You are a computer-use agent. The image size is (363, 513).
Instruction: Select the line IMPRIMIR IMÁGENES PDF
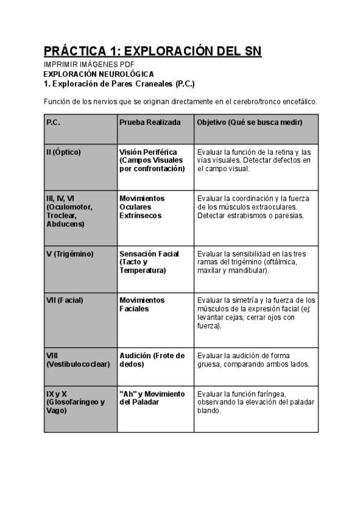[89, 64]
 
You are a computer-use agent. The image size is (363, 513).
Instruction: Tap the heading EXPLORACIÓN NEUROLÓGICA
[99, 74]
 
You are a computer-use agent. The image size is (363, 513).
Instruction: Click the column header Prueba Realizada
[150, 122]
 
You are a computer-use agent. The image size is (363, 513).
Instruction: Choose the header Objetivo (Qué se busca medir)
[250, 122]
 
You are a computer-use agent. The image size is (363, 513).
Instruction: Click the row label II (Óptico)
[64, 152]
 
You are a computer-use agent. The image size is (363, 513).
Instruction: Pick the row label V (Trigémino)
[70, 254]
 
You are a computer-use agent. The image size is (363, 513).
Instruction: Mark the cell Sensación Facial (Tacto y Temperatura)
[149, 262]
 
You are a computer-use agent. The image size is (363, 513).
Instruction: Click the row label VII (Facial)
[65, 300]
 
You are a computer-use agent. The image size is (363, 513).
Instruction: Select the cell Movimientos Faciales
[142, 304]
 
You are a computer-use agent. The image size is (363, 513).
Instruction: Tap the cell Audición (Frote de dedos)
[152, 360]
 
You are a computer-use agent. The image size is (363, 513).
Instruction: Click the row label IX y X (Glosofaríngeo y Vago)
[75, 402]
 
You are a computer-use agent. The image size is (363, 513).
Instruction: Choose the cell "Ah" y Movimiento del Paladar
[152, 398]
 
